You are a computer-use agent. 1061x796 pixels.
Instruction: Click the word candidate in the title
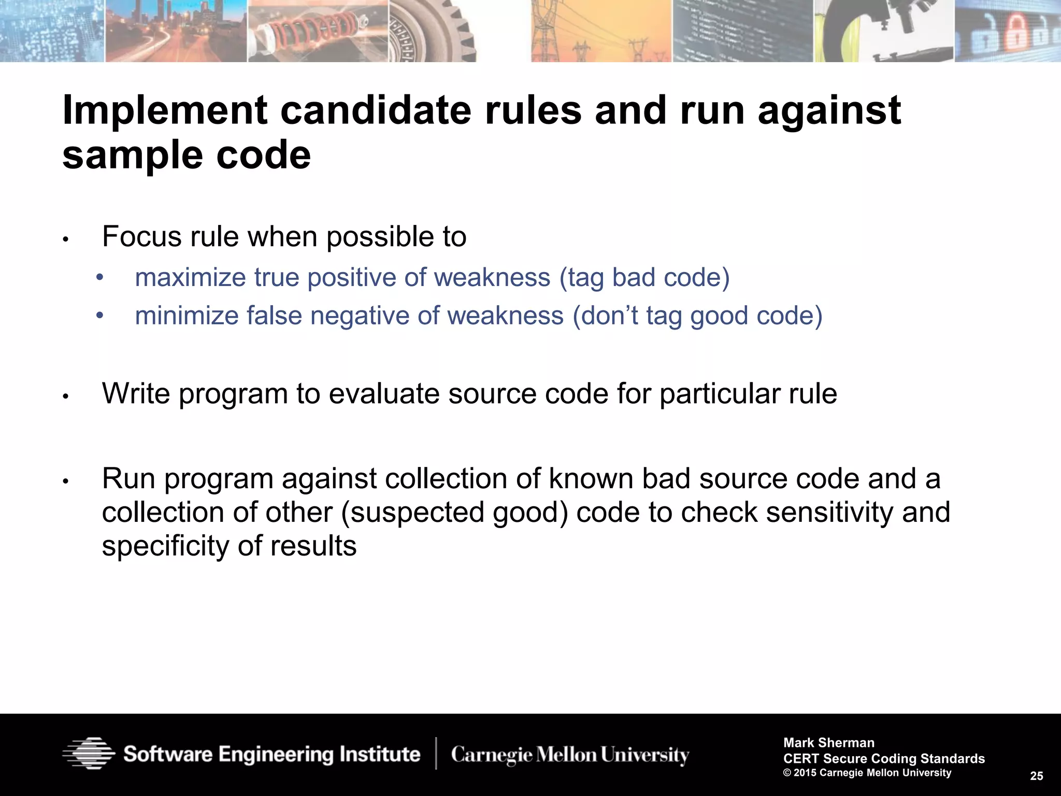[376, 110]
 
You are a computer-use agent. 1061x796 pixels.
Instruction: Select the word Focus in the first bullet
[142, 237]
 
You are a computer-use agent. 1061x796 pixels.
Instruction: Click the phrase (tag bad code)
[644, 278]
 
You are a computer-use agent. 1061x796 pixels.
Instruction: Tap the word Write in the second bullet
[136, 394]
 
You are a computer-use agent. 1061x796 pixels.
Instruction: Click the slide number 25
[1036, 776]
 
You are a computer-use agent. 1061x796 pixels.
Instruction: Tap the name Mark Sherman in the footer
[829, 743]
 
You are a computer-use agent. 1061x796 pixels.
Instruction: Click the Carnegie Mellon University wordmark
[570, 755]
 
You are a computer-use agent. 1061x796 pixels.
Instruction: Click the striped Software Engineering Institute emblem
[88, 753]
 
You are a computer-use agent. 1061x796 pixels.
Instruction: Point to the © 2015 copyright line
[867, 773]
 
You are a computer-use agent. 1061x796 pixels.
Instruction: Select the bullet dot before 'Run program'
[65, 481]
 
